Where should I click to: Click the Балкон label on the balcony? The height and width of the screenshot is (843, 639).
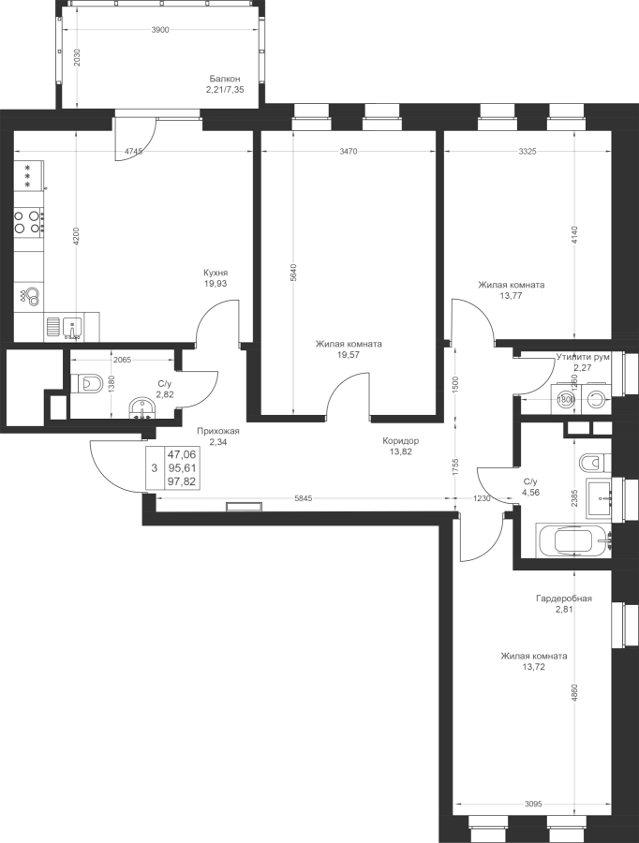(x=225, y=80)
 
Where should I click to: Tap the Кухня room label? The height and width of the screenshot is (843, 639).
(x=215, y=273)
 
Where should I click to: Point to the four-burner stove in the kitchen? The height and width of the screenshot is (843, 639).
(x=28, y=221)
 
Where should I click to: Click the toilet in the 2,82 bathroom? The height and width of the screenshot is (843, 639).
(x=86, y=382)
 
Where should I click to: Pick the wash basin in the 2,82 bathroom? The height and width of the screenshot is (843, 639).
(x=141, y=407)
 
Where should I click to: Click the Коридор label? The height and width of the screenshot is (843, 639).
(x=400, y=440)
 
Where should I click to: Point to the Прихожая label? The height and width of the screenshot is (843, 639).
(x=218, y=432)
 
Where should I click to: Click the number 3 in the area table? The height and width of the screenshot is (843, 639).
(x=154, y=466)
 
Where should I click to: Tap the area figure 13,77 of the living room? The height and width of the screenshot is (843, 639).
(x=511, y=296)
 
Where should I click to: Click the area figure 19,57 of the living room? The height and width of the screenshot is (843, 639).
(x=349, y=356)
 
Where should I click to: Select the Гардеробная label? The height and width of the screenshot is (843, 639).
(x=563, y=598)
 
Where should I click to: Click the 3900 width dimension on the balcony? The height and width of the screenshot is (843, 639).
(x=160, y=31)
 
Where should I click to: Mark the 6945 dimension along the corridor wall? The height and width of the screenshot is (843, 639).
(x=302, y=498)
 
